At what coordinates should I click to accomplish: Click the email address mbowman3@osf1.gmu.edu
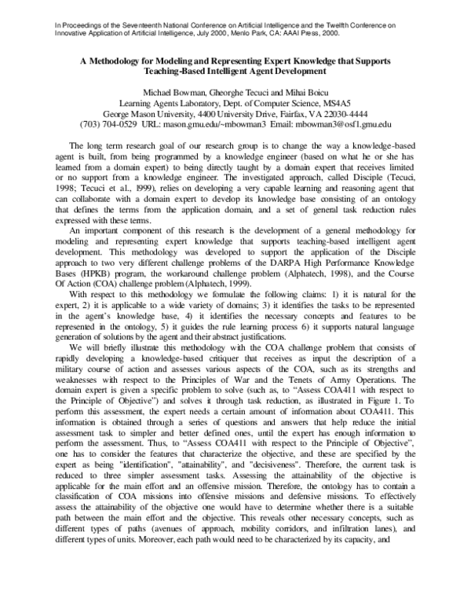342,124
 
